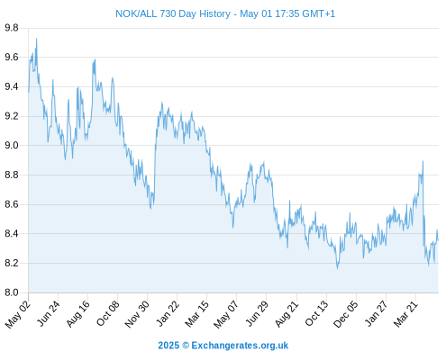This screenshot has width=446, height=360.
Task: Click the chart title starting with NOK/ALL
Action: point(225,13)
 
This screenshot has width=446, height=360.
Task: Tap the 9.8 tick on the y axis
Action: point(12,28)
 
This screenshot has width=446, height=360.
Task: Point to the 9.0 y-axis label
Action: point(12,146)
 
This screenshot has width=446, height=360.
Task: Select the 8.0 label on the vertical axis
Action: point(12,292)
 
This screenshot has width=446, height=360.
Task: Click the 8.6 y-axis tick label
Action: point(12,204)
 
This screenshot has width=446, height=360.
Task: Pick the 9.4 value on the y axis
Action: point(12,86)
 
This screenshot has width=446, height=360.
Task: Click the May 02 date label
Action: point(18,314)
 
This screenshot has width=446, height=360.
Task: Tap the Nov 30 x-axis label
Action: point(137,314)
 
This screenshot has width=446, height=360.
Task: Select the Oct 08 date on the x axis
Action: point(108,313)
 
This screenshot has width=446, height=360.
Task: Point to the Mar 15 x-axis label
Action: point(196,314)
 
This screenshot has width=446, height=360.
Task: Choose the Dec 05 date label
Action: point(346,314)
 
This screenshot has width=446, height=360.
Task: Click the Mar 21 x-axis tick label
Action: point(405,314)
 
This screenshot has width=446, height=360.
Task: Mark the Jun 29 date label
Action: point(257,313)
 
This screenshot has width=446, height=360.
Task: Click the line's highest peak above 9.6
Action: point(37,39)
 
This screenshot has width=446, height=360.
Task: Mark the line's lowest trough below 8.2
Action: point(337,268)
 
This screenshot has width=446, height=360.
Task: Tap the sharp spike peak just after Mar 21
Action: point(423,161)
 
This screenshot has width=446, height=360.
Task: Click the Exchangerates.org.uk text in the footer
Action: point(240,346)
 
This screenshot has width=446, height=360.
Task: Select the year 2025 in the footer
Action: point(168,346)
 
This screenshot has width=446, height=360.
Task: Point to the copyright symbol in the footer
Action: point(186,346)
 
